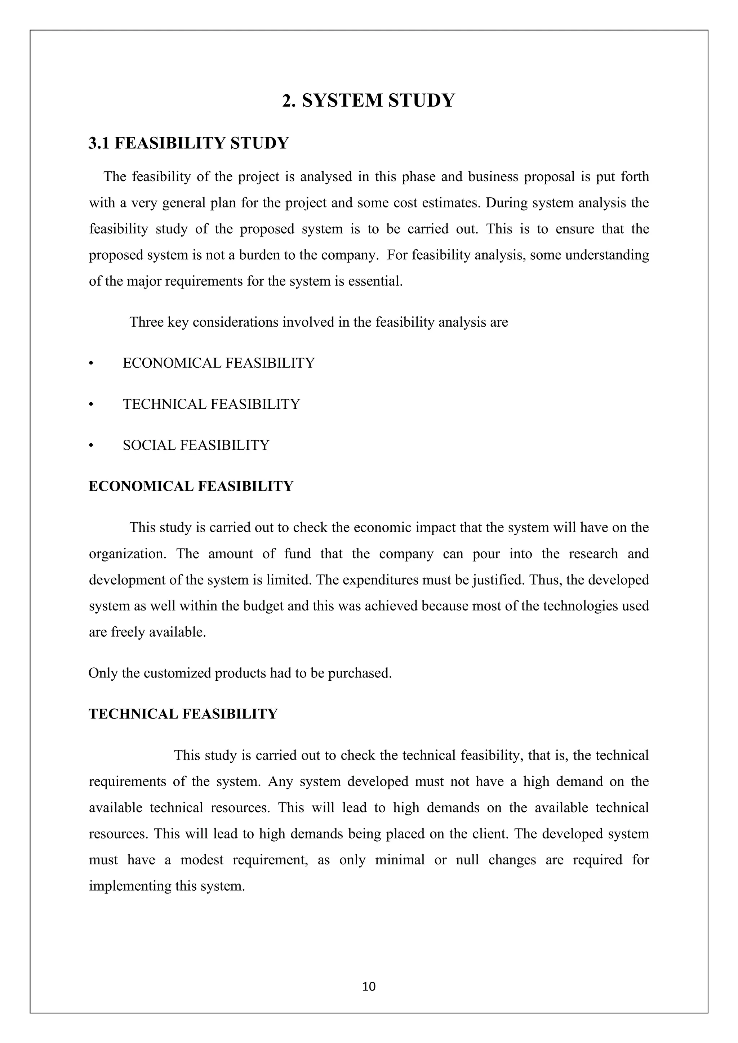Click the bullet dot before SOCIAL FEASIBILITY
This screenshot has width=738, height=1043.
click(x=91, y=446)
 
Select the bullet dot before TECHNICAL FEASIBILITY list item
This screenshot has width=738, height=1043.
click(x=91, y=405)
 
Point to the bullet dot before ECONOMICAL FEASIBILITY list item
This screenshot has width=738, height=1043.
click(x=91, y=364)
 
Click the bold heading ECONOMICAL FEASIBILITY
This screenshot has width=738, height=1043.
click(x=191, y=486)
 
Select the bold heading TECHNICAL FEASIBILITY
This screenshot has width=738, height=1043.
click(x=183, y=714)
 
